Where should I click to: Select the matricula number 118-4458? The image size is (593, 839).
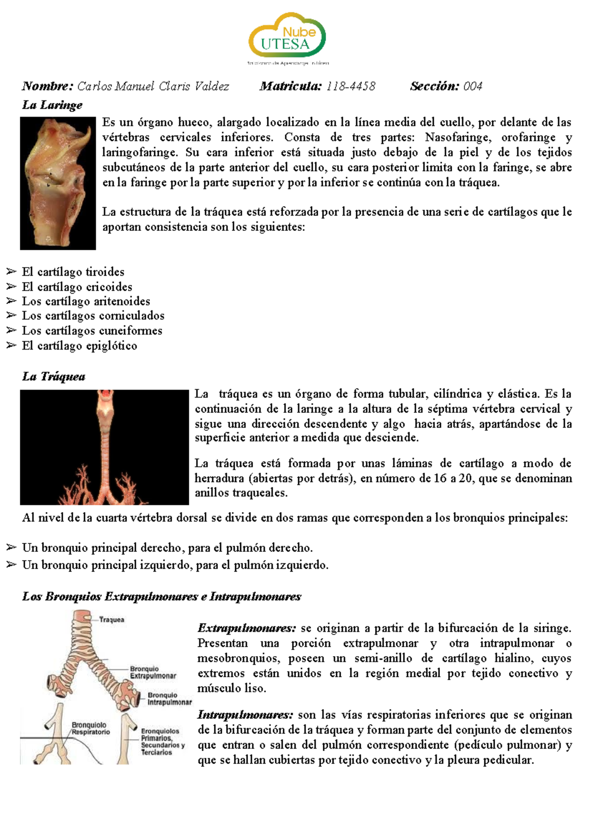pos(350,87)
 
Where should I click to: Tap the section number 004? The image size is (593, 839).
pos(472,87)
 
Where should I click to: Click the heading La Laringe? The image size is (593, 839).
pos(52,105)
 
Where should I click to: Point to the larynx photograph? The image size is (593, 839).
pos(58,183)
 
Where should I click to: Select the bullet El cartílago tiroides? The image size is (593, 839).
pos(73,272)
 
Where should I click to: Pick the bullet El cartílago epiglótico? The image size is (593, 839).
pos(79,346)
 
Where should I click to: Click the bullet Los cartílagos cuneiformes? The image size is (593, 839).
pos(92,330)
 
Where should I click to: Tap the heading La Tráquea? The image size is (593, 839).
pos(53,377)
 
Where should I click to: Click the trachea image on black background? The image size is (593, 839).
pos(104,447)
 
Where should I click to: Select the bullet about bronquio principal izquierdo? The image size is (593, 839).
pos(175,565)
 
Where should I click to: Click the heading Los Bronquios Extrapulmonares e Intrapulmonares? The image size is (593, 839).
pos(161,596)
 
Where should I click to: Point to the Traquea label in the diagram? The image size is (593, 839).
pos(112,619)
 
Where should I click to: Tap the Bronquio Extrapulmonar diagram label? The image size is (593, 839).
pos(153,672)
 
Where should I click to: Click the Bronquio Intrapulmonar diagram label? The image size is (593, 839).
pos(169,699)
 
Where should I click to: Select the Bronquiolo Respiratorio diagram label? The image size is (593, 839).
pos(90,728)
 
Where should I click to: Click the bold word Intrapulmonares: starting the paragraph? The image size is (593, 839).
pos(245,715)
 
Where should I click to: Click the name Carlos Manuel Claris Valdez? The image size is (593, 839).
pos(153,87)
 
